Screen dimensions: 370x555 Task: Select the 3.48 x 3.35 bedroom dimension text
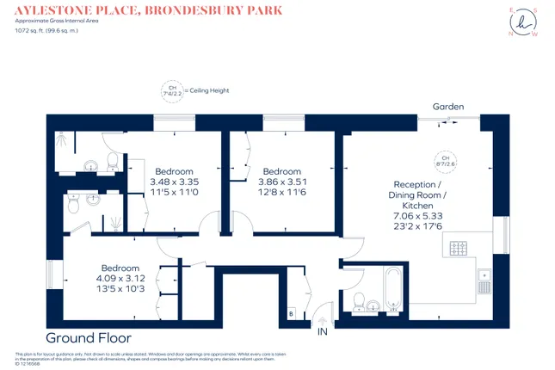(174, 182)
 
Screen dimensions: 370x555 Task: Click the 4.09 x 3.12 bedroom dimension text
(120, 278)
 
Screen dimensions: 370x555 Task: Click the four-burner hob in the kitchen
(458, 250)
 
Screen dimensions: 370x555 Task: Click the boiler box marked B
(291, 313)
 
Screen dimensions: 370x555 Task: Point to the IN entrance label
(323, 331)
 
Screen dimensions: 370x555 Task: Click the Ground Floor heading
(85, 336)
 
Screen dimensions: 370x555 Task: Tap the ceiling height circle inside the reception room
(446, 160)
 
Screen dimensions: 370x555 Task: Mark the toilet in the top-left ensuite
(111, 159)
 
